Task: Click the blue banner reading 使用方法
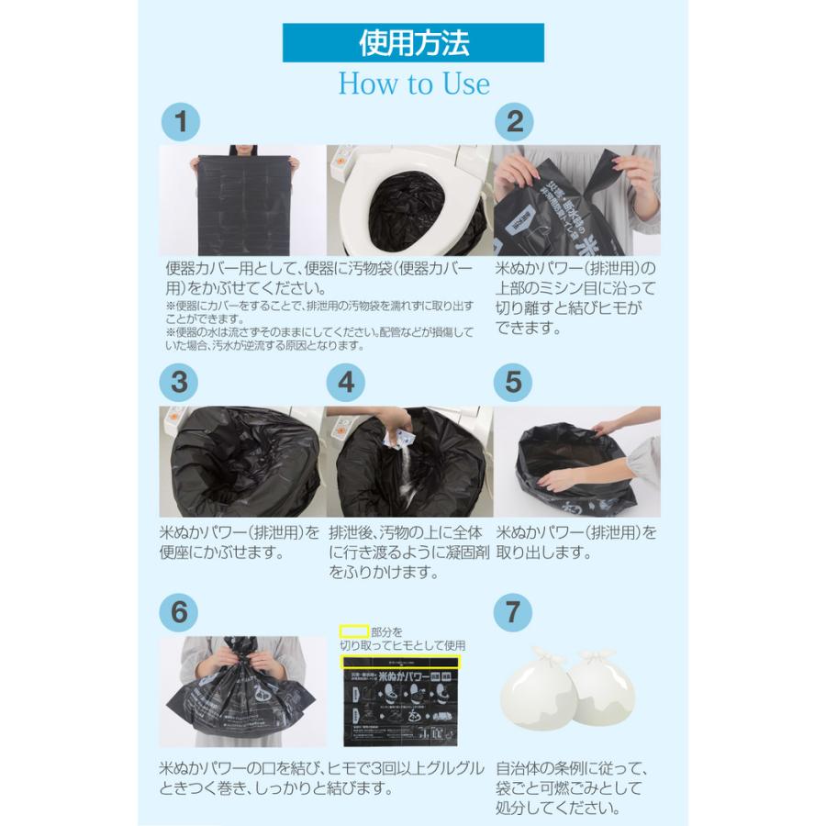pyautogui.click(x=413, y=42)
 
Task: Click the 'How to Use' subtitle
pyautogui.click(x=414, y=84)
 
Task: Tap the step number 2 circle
pyautogui.click(x=515, y=122)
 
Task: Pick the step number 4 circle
pyautogui.click(x=346, y=382)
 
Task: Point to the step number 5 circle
pyautogui.click(x=515, y=382)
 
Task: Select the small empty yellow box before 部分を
pyautogui.click(x=354, y=631)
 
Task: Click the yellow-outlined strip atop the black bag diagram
pyautogui.click(x=400, y=661)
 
